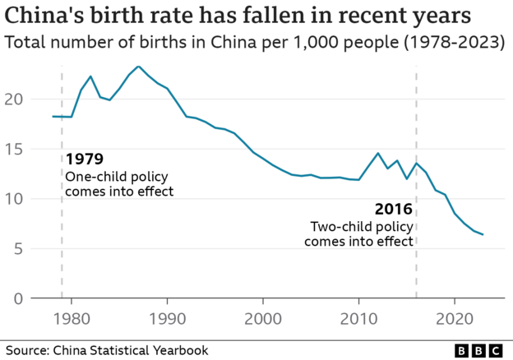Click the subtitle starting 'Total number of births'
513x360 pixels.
tap(255, 42)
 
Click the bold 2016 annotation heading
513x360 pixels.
tap(393, 209)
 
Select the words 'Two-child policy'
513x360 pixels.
tap(361, 226)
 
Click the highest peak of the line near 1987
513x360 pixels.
tap(138, 67)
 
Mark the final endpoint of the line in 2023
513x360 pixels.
tap(483, 235)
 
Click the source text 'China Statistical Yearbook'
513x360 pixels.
tap(131, 351)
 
